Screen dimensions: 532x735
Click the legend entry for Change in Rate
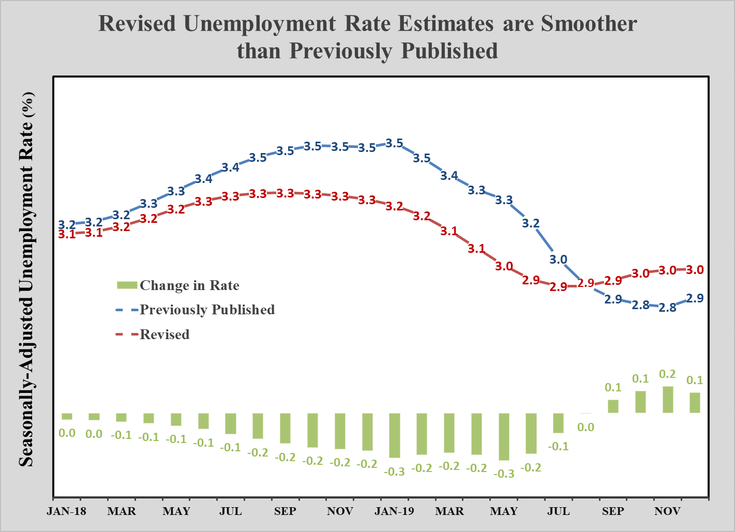point(189,285)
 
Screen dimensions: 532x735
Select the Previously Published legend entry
point(207,310)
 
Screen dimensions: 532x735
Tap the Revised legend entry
point(164,335)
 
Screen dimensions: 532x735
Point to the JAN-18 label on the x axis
point(66,511)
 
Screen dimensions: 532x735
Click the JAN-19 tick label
point(394,511)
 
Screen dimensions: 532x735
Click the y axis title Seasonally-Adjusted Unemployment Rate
point(26,279)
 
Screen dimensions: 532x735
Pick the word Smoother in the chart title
point(589,24)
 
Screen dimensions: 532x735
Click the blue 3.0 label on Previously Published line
point(558,260)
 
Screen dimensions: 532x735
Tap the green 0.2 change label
point(667,374)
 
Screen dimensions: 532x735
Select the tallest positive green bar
point(668,399)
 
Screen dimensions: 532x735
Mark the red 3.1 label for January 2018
point(66,234)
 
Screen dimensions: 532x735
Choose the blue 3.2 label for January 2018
point(66,225)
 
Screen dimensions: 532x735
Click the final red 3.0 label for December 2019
point(695,270)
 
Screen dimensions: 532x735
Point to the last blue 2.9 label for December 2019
point(695,298)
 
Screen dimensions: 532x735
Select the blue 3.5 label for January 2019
point(394,143)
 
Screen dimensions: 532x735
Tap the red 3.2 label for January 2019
point(394,206)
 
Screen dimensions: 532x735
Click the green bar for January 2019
point(395,435)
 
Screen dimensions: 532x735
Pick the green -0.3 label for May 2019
point(504,474)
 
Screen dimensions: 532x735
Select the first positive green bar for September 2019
point(613,406)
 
